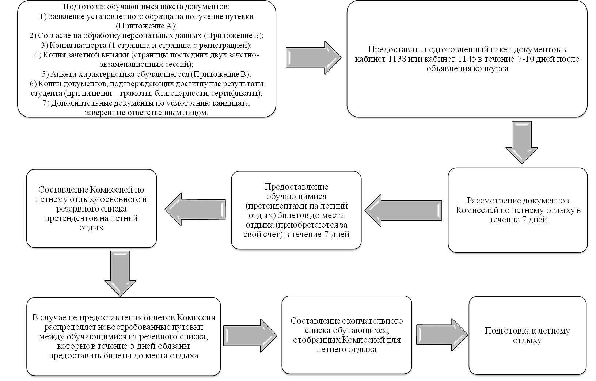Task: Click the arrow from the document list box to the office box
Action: (x=314, y=58)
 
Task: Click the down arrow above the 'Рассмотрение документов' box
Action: (x=522, y=142)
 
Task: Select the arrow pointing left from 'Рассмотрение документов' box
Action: (x=403, y=210)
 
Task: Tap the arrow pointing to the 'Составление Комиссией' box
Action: (x=195, y=209)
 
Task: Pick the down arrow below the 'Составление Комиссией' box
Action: (x=120, y=274)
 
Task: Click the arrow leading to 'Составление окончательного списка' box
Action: (x=250, y=336)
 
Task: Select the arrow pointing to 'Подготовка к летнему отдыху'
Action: (x=442, y=335)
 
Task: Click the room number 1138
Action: (x=397, y=59)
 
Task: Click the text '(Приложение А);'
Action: (x=146, y=26)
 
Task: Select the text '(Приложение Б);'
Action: (x=234, y=36)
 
